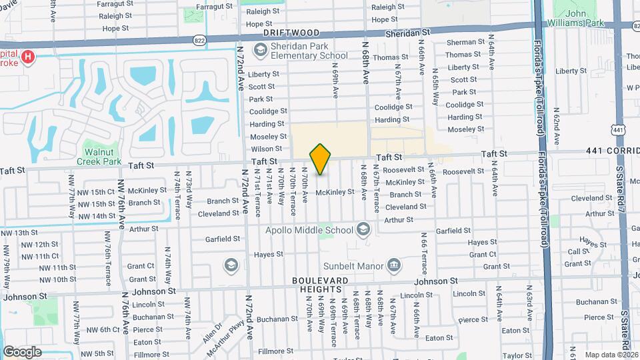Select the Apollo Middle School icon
[x=363, y=230]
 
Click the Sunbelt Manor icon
[x=394, y=266]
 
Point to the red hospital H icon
[x=27, y=57]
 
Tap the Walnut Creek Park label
[x=99, y=157]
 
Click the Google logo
[x=22, y=351]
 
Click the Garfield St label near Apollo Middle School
[x=223, y=239]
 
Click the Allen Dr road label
[x=212, y=330]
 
